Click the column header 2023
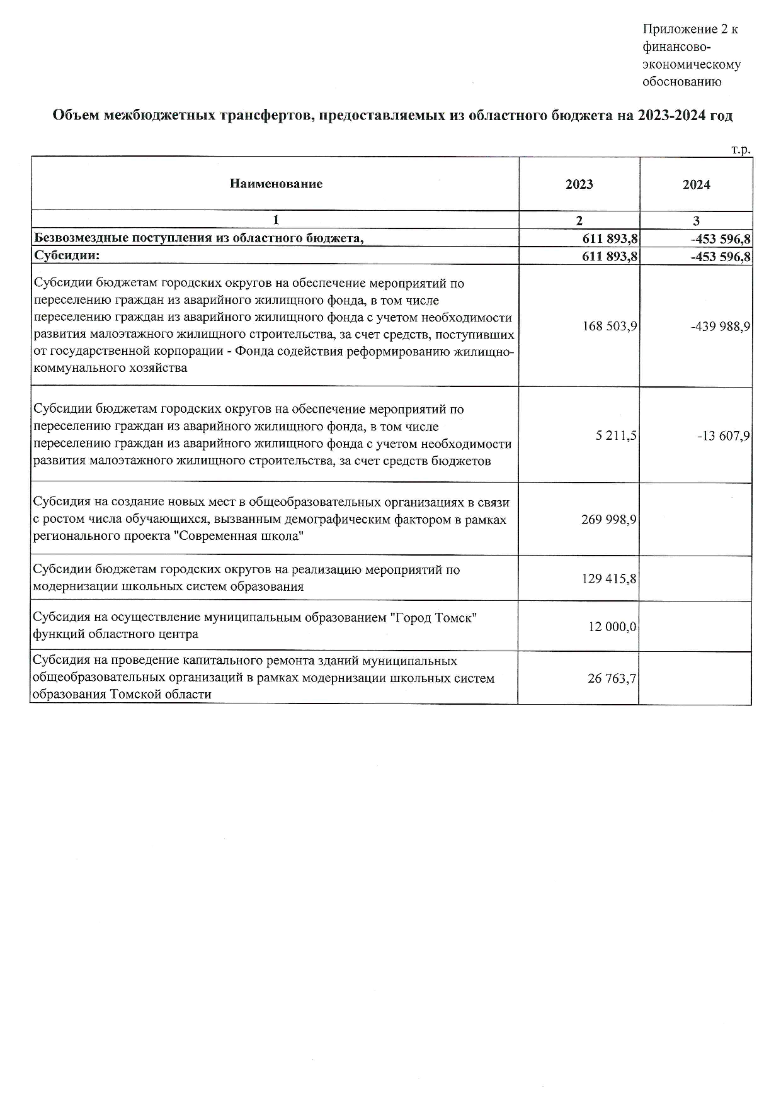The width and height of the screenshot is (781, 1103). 579,184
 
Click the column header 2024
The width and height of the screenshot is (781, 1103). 696,184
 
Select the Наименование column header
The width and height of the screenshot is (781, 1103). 276,184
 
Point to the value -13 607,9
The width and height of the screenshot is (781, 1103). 723,435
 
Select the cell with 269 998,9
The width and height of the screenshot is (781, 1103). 609,520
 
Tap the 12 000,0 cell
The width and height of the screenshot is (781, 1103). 612,627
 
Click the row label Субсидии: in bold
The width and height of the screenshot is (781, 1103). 67,255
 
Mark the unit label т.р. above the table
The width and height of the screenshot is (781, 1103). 741,150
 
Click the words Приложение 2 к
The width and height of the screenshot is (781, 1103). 690,29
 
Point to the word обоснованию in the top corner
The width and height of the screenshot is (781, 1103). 681,81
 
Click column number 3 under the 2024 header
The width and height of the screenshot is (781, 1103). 696,221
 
